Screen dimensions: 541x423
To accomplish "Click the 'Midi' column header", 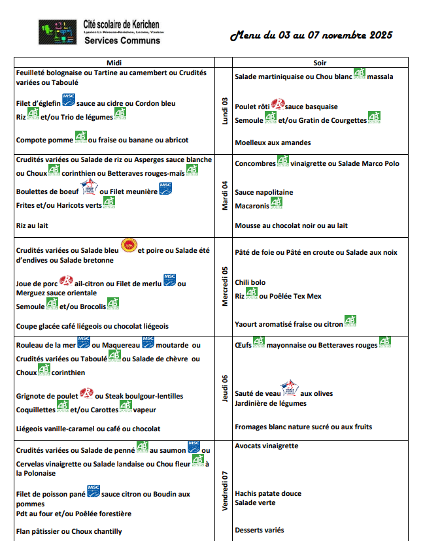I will coord(114,62).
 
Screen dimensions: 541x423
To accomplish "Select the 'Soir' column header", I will coord(320,62).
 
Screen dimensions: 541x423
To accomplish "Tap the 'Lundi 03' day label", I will coord(224,110).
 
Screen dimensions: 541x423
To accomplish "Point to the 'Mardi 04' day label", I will coord(224,195).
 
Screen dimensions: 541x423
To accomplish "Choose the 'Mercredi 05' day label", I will coord(224,286).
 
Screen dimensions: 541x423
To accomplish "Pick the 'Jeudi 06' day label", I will coord(224,388).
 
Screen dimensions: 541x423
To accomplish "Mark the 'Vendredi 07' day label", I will coord(224,491).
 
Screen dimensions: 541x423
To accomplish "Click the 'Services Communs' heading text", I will coord(122,41).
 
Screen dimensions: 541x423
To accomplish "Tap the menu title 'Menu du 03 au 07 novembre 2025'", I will coord(311,35).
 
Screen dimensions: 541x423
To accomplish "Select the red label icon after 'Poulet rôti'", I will coord(278,104).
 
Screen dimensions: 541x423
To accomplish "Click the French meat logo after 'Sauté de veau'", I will coord(290,389).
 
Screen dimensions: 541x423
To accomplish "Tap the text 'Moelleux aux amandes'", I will coord(273,142).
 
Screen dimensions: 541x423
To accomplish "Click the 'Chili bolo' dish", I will coord(250,283).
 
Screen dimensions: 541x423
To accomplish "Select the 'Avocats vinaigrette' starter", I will coord(266,446).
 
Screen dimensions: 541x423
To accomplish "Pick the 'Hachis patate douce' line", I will coord(268,493).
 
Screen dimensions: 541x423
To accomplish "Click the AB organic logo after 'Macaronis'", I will coord(277,204).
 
